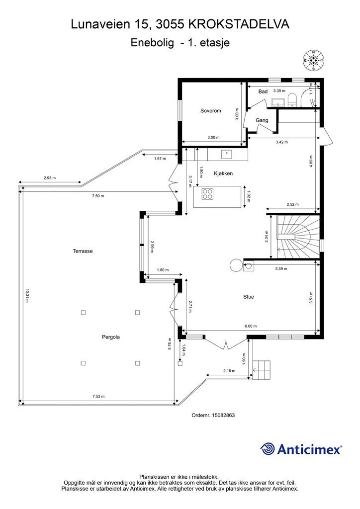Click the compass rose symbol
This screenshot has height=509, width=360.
point(313,60)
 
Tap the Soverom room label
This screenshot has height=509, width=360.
point(211,111)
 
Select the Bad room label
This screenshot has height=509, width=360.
point(263,91)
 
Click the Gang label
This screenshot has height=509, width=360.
point(262,120)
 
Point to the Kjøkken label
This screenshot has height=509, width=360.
point(223,173)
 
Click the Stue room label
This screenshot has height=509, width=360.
point(249,297)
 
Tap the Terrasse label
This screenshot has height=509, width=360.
point(83,251)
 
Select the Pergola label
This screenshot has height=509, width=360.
point(111,337)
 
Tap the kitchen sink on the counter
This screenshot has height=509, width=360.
point(226,154)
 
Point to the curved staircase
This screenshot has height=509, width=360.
point(298,237)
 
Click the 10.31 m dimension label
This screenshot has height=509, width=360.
point(27,296)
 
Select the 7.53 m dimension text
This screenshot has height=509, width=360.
point(98,396)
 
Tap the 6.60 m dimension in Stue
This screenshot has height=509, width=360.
point(250,326)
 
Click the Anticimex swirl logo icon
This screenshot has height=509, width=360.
point(268,449)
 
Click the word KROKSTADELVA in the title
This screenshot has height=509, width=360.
point(239,24)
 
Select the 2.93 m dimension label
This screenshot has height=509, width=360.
point(50,178)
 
